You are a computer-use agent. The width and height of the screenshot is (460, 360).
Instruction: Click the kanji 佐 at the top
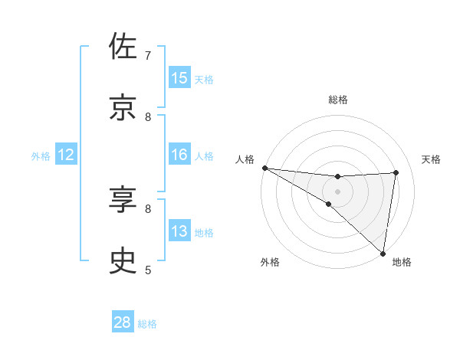tap(123, 47)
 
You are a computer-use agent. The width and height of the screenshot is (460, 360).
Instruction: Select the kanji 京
tap(123, 108)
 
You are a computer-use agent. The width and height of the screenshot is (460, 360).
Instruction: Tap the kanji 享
tap(123, 200)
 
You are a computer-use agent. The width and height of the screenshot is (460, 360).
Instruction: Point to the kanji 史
tap(123, 261)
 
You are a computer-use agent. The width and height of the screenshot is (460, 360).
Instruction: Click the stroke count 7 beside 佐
tap(148, 56)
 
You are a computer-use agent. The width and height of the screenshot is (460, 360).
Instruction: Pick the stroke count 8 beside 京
tap(148, 116)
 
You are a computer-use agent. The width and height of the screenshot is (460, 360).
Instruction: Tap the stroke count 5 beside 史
tap(148, 270)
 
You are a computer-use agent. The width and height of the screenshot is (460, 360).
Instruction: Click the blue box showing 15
tap(179, 78)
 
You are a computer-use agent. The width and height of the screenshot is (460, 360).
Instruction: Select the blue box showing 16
tap(179, 155)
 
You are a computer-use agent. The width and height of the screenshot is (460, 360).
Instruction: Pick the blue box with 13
tap(179, 231)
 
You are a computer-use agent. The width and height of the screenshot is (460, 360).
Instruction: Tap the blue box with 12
tap(66, 155)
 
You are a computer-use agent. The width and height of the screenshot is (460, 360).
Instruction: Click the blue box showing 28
tap(123, 322)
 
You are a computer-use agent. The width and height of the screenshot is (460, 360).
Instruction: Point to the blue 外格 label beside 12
tap(41, 155)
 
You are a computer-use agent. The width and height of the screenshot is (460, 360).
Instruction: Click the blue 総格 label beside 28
tap(147, 324)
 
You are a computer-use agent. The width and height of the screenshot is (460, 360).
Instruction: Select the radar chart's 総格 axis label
tap(338, 100)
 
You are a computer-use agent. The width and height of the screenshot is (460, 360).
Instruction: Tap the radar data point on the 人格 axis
tap(264, 168)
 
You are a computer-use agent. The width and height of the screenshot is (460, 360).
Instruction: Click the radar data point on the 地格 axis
tap(383, 252)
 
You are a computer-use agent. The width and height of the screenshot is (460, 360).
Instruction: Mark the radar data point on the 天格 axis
tap(396, 172)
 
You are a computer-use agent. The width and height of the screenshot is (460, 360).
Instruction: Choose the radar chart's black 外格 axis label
tap(270, 262)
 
